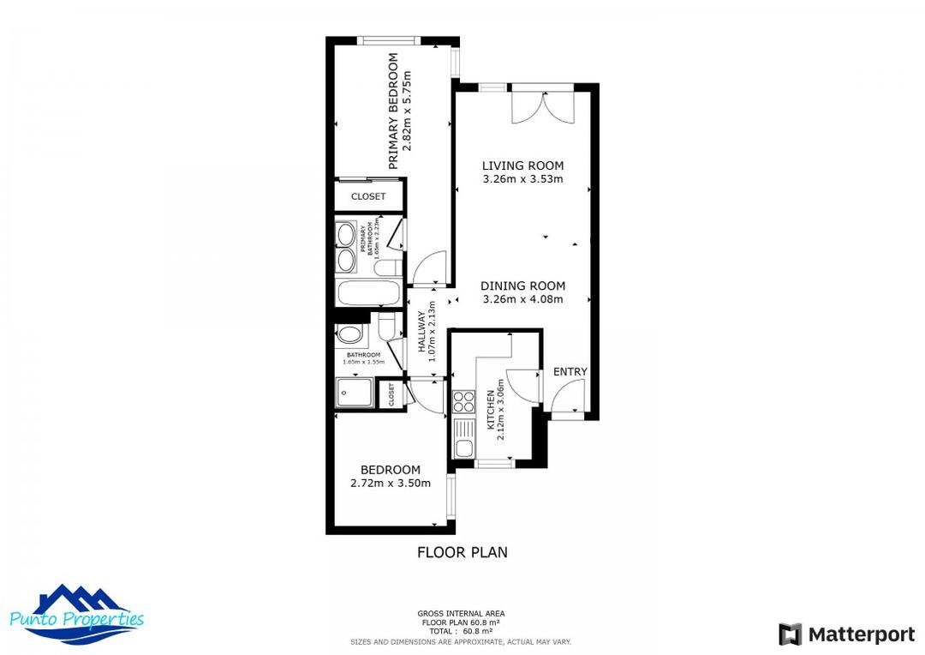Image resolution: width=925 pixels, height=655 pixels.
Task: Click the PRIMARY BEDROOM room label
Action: point(394,111)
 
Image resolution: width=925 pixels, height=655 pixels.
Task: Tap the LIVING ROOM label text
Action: point(522,165)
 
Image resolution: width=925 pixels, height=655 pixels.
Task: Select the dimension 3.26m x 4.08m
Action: point(522,299)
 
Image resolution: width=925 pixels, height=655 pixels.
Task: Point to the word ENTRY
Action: point(570,371)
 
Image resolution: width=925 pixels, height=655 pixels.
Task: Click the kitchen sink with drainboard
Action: point(463,438)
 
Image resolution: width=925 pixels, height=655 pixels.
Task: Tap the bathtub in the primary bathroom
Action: point(368,294)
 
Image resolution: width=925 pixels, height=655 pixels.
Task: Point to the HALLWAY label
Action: point(422,331)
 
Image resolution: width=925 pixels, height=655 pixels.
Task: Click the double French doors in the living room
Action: point(543,107)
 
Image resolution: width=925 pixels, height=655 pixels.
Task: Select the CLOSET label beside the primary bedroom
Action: point(368,196)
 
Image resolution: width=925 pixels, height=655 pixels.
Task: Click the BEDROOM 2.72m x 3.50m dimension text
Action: point(391,483)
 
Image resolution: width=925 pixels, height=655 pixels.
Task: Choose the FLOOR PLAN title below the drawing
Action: point(462,552)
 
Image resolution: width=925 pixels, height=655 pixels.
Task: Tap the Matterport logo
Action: point(846,634)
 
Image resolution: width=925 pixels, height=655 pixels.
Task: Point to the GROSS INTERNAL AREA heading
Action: point(461,613)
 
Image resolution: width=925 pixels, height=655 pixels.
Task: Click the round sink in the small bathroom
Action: point(349,334)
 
